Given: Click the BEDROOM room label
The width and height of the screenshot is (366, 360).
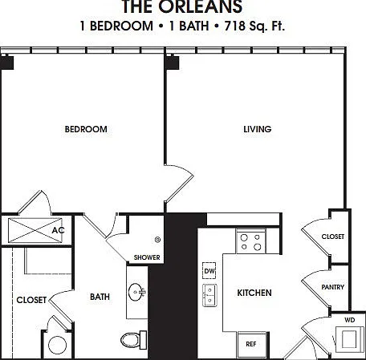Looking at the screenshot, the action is click(x=86, y=129).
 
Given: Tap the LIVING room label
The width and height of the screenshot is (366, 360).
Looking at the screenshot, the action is click(x=258, y=129).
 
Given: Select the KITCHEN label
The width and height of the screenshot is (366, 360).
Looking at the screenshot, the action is click(x=254, y=293).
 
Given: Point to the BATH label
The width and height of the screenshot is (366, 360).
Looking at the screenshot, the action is click(x=100, y=297).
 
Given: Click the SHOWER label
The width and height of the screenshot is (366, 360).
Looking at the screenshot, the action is click(x=147, y=257).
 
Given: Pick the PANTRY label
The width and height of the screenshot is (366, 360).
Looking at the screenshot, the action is click(x=333, y=287).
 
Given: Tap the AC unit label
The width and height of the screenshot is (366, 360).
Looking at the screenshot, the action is click(x=58, y=230).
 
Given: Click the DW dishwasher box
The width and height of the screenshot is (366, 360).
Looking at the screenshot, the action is click(x=209, y=271).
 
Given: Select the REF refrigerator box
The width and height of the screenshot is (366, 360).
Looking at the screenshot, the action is click(x=252, y=345).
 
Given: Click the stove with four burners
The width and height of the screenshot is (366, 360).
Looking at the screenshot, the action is click(x=250, y=242).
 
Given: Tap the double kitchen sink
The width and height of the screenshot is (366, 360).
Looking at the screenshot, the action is click(x=209, y=295).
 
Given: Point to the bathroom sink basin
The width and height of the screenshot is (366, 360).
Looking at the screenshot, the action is click(x=136, y=292).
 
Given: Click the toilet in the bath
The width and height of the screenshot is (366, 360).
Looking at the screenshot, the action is click(x=133, y=340).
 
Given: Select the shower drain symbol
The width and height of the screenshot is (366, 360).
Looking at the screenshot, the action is click(x=158, y=240).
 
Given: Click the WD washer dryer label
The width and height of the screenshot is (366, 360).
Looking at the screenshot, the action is click(x=350, y=320).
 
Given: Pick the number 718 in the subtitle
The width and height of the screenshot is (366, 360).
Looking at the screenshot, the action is click(x=234, y=26).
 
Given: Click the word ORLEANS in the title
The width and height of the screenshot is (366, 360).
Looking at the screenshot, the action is click(x=201, y=6).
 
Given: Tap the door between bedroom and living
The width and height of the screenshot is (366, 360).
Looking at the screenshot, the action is click(x=179, y=184).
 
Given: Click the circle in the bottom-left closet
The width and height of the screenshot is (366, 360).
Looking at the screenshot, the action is click(x=57, y=345).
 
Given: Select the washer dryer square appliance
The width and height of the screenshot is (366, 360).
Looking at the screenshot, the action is click(x=348, y=339).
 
